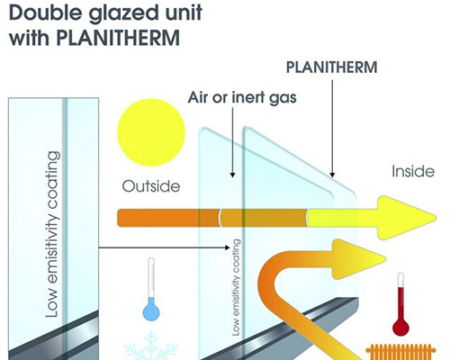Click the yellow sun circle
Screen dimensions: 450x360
151,132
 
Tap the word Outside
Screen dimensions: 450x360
151,186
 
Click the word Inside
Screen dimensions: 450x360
413,171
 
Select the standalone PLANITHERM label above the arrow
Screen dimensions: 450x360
332,67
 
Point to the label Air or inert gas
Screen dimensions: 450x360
242,97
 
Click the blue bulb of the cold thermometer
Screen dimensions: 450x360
151,311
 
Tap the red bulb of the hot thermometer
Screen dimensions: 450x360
400,326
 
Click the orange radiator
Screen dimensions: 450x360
401,352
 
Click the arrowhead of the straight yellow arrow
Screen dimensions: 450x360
405,218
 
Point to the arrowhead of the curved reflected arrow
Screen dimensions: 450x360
357,258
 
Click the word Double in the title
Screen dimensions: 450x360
45,13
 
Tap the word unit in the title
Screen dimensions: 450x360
182,13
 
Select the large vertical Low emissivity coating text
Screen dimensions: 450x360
52,234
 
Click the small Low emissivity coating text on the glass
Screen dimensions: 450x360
237,287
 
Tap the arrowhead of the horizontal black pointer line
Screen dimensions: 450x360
228,247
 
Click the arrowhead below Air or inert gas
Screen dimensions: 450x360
232,175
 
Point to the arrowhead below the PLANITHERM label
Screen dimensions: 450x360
332,175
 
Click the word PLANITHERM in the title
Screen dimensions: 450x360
118,38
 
